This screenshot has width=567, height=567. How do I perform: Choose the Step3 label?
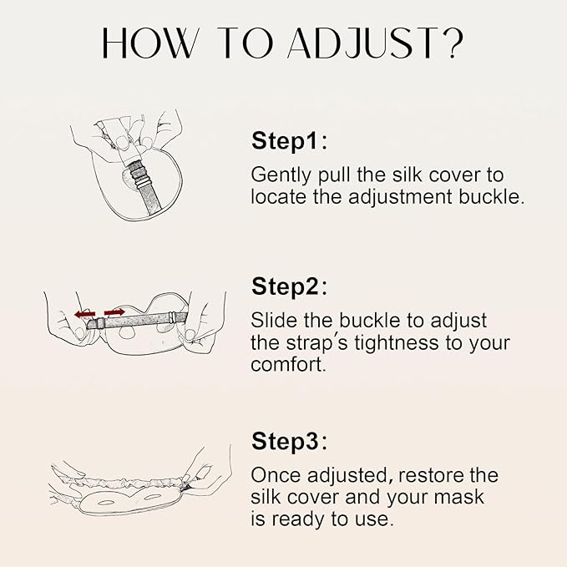pyautogui.click(x=289, y=442)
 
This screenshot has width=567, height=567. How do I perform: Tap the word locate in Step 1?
pyautogui.click(x=279, y=199)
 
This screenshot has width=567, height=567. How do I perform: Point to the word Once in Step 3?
pyautogui.click(x=276, y=476)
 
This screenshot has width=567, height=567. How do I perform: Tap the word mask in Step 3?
pyautogui.click(x=463, y=498)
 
